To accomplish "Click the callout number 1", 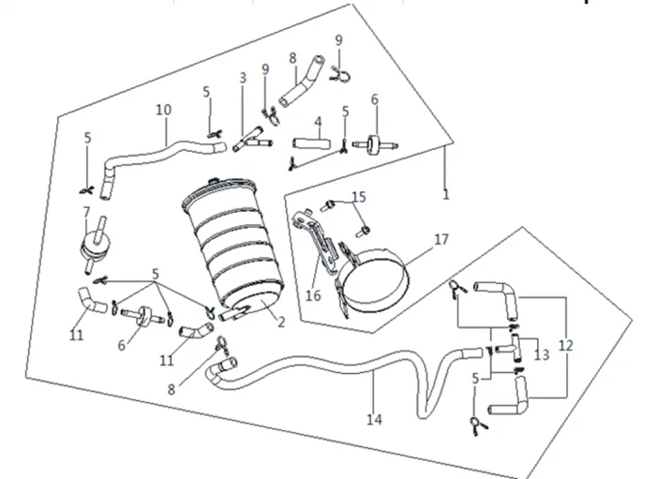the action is point(446,194).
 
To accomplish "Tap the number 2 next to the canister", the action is point(281,322).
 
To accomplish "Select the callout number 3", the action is point(243,78).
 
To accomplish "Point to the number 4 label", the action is point(319,122).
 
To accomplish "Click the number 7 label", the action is point(86,212).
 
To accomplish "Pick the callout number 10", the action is point(164,110).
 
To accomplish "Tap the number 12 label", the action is point(566,346).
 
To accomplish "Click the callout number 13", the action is point(542,354).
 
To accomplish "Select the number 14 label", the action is point(375,419).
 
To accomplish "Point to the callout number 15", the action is point(359,197).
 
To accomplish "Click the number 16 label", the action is point(313,295).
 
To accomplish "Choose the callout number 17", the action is point(441,239).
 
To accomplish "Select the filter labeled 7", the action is point(93,246).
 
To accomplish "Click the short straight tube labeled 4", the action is point(311,144).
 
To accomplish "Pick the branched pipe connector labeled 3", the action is point(252,141).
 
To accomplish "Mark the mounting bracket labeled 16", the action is point(317,243).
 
